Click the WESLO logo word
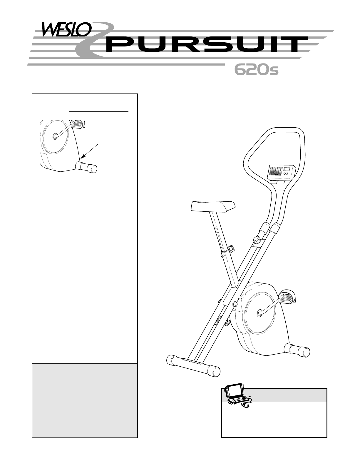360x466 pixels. [x=67, y=30]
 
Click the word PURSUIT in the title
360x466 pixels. [x=207, y=44]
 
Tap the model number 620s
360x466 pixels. [x=256, y=70]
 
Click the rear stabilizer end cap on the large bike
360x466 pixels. [x=304, y=352]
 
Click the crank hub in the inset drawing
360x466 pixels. [x=55, y=136]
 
